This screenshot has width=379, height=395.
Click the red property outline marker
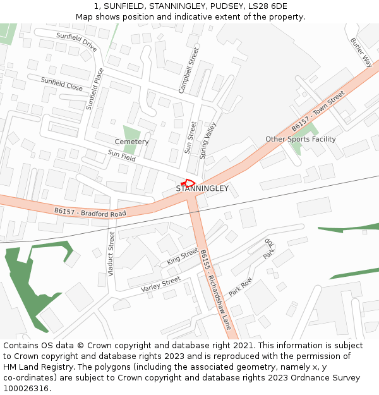pyautogui.click(x=188, y=183)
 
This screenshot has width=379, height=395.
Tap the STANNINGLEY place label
pyautogui.click(x=202, y=189)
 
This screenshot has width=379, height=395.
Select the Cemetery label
pyautogui.click(x=131, y=142)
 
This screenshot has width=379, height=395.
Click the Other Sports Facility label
pyautogui.click(x=301, y=139)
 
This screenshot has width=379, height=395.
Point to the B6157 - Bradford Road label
pyautogui.click(x=90, y=212)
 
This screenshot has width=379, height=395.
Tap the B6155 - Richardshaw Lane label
pyautogui.click(x=216, y=289)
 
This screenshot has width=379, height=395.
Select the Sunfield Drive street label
pyautogui.click(x=76, y=42)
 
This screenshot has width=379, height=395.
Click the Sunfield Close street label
pyautogui.click(x=62, y=84)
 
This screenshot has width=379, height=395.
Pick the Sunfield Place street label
pyautogui.click(x=95, y=88)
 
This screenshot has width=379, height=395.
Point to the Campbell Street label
pyautogui.click(x=188, y=70)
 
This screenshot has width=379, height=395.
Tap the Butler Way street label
pyautogui.click(x=361, y=52)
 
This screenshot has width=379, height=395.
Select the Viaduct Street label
pyautogui.click(x=111, y=253)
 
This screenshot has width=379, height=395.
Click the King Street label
pyautogui.click(x=183, y=257)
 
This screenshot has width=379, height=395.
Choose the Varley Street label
pyautogui.click(x=160, y=284)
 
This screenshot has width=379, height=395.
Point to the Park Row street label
pyautogui.click(x=241, y=287)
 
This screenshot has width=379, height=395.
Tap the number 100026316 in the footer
pyautogui.click(x=27, y=389)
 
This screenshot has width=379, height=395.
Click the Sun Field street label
pyautogui.click(x=121, y=155)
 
